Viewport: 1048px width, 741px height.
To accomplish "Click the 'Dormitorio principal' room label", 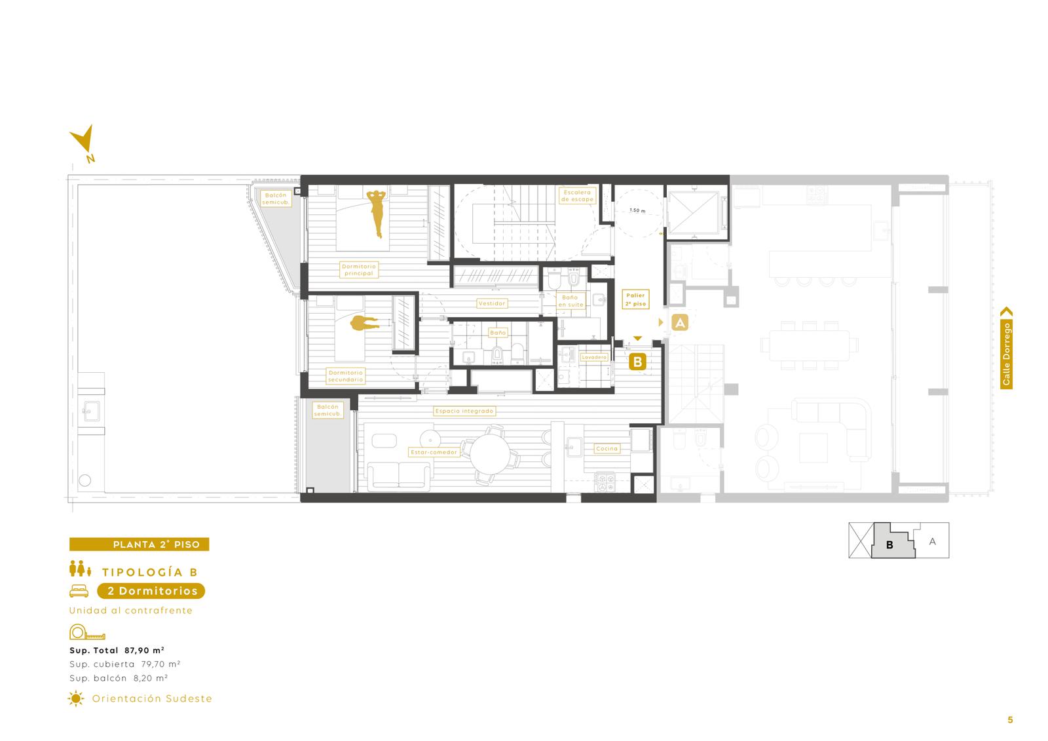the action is click(x=358, y=270).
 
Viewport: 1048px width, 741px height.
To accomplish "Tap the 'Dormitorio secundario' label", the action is click(x=345, y=376).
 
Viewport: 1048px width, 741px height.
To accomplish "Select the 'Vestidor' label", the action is click(x=492, y=303).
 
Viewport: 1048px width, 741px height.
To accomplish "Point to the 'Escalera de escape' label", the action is click(x=577, y=196).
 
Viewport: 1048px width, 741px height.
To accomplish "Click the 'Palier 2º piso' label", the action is click(x=635, y=299).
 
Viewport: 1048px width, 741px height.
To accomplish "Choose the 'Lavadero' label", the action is click(x=593, y=357).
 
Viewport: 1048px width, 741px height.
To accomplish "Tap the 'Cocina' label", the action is click(x=607, y=448).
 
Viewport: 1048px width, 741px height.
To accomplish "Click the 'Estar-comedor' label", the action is click(x=434, y=452).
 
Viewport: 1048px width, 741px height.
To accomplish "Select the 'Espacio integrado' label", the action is click(x=464, y=411).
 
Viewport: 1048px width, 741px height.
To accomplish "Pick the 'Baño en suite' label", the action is click(x=571, y=301).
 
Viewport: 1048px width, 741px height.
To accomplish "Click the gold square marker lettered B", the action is click(x=637, y=362).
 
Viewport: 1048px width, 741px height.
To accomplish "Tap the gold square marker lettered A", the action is click(x=680, y=322).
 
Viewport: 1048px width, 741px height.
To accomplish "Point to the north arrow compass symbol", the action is click(x=84, y=143).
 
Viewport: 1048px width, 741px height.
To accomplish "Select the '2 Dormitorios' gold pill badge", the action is click(x=151, y=591).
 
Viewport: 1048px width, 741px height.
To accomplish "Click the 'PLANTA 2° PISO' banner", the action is click(x=139, y=544).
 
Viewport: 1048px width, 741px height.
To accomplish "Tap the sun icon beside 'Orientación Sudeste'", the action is click(x=76, y=698).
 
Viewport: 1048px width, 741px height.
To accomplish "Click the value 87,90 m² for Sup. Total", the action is click(x=144, y=650).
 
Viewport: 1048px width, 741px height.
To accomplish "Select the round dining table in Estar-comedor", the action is click(x=490, y=453).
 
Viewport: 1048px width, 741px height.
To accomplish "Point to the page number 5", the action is click(x=1010, y=719).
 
